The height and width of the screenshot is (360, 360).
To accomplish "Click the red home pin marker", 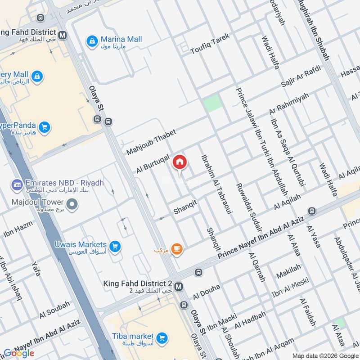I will point(180,163).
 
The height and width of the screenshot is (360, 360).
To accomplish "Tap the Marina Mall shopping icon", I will point(92,40).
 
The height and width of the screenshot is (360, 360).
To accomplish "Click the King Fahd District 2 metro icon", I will point(179,286).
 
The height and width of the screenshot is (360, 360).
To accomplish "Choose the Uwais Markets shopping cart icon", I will point(115,246).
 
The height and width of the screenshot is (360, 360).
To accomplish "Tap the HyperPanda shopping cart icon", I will point(44,127).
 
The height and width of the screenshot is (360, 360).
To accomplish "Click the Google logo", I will point(19,353).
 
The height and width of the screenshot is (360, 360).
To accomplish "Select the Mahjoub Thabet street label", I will point(151,141).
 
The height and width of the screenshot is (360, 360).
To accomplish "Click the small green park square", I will point(212,103).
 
